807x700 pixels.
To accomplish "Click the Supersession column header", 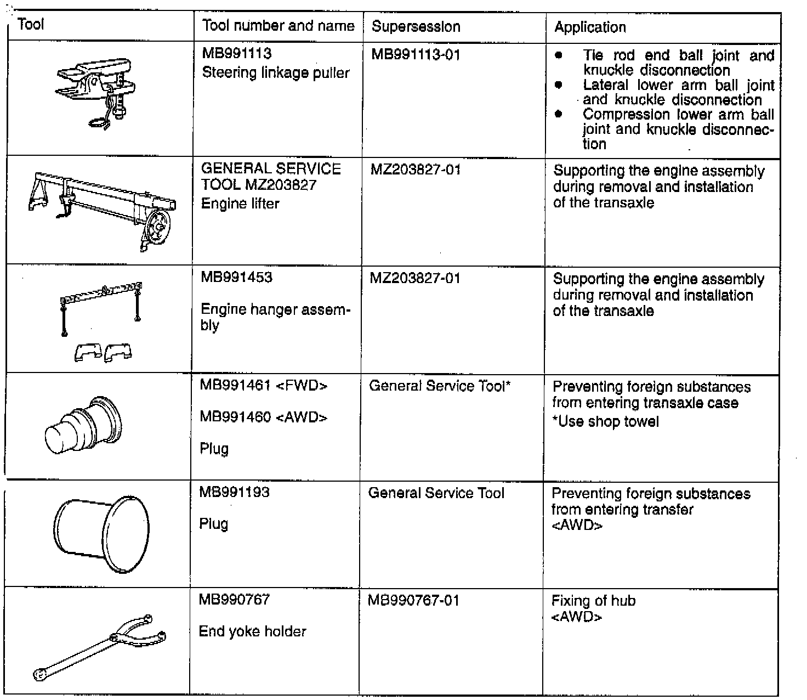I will pos(416,26).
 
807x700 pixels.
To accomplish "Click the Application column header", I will pos(590,27).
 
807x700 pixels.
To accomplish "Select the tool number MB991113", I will pos(237,54).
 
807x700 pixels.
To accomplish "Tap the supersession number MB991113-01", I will pos(415,54).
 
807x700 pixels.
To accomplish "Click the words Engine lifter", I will pos(240,204).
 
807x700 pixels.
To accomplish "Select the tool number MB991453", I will pos(236,277).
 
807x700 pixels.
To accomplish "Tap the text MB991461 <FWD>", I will pos(263,386).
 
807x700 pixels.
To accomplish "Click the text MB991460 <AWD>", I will pos(263,417).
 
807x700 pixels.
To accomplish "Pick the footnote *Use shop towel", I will pos(605,422).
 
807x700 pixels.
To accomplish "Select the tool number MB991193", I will pos(234,492).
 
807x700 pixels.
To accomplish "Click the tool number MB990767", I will pos(234,599).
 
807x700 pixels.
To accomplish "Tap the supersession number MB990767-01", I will pos(413,600).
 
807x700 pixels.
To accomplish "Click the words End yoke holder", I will pos(252,631).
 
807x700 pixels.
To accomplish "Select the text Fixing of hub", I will pos(593,601).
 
